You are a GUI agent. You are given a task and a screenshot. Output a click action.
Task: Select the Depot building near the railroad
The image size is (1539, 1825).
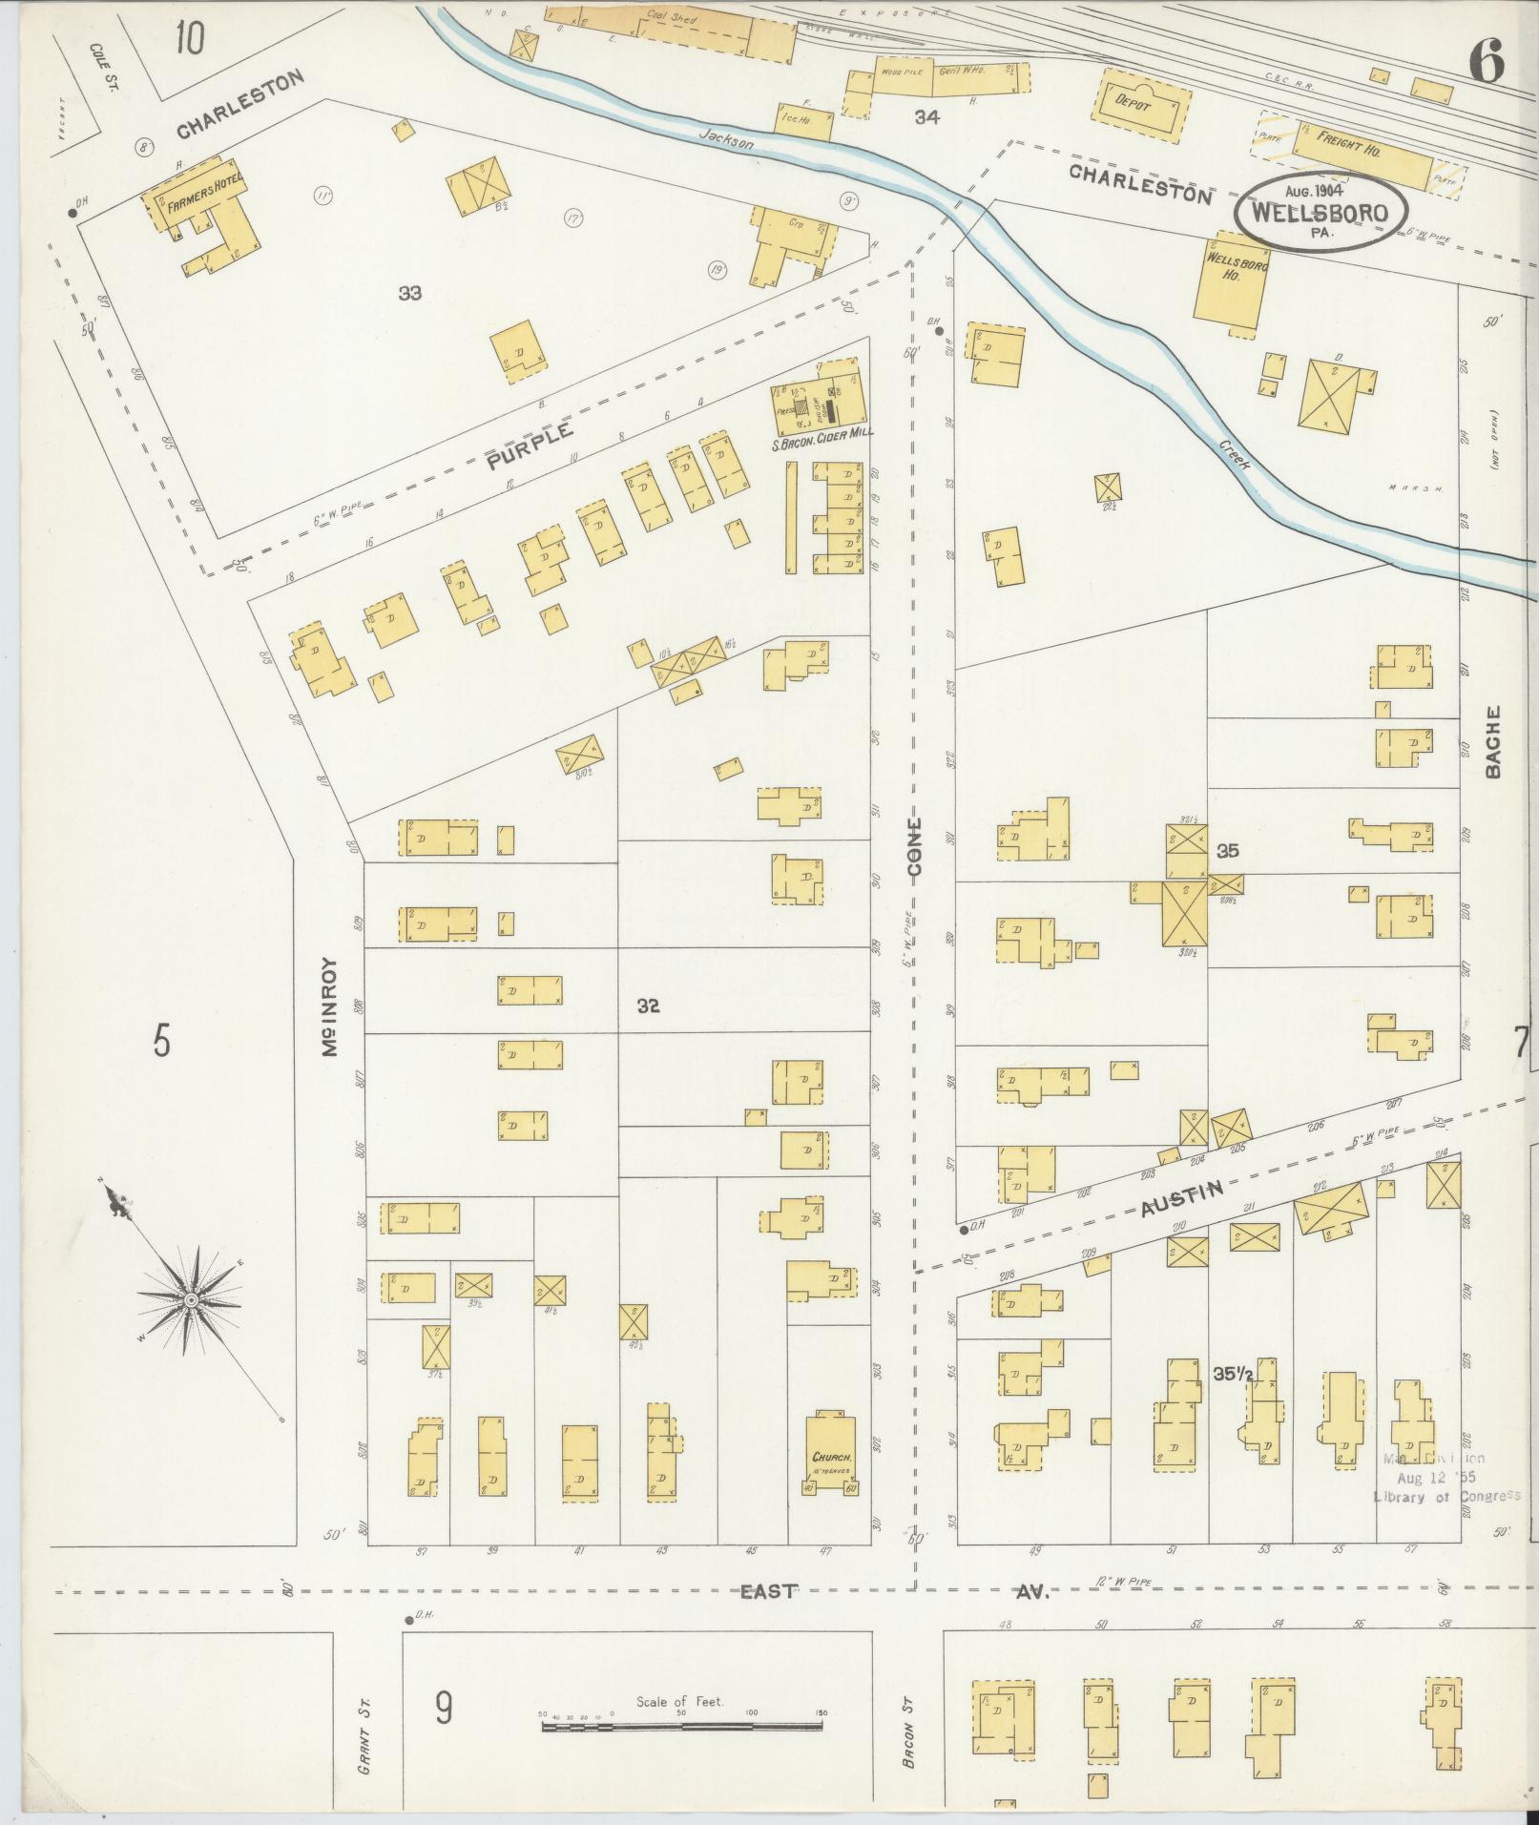(x=1148, y=107)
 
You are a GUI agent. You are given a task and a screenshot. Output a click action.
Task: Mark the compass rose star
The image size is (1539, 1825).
(x=192, y=1299)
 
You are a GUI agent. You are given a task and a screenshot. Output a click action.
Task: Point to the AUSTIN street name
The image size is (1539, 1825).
(x=1182, y=1197)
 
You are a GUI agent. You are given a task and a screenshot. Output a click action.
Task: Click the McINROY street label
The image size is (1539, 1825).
(x=332, y=1006)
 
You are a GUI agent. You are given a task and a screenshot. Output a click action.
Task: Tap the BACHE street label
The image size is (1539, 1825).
(x=1493, y=741)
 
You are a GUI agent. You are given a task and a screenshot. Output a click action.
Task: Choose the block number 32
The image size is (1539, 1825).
(x=649, y=1006)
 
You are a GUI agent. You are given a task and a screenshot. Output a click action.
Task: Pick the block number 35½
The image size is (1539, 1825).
(x=1233, y=1375)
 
